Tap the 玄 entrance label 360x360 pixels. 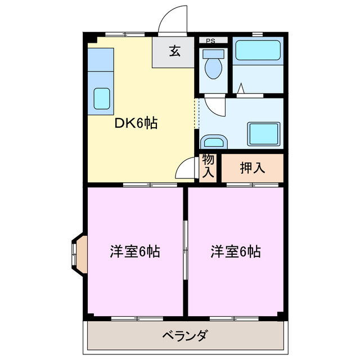[x=174, y=52]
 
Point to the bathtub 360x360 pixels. [x=258, y=51]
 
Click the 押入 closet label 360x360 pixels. [x=252, y=167]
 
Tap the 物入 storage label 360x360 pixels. [x=208, y=166]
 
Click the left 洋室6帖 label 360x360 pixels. [x=135, y=251]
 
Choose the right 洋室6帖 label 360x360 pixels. [x=236, y=251]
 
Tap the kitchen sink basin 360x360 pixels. [x=101, y=98]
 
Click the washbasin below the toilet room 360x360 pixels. [x=212, y=142]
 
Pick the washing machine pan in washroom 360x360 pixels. [x=264, y=133]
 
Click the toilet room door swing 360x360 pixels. [x=214, y=105]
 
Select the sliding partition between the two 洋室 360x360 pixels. [x=186, y=251]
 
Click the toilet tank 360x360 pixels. [x=213, y=54]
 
